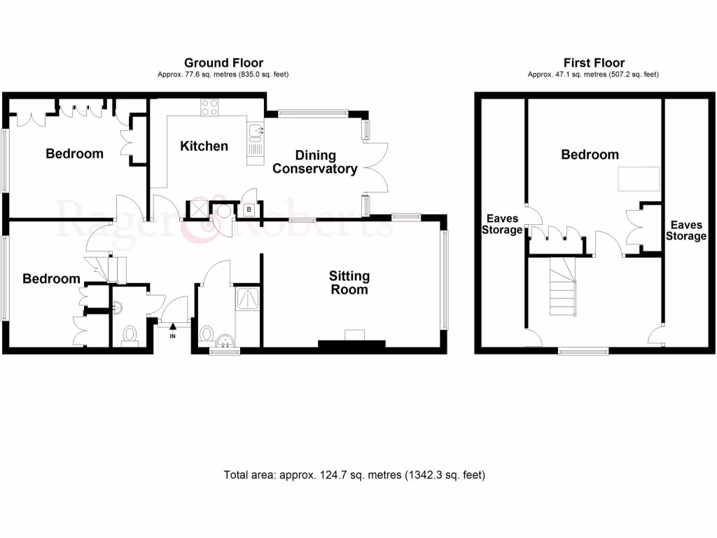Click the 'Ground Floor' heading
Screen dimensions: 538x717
(x=223, y=63)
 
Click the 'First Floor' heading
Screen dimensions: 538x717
(x=595, y=63)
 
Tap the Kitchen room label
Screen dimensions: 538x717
(x=204, y=146)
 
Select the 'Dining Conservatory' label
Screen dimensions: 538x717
(x=314, y=162)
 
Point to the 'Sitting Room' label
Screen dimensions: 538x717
(x=349, y=282)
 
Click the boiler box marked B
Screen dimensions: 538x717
(x=250, y=209)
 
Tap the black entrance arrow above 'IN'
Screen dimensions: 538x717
(x=173, y=326)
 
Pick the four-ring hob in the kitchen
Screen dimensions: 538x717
(x=209, y=107)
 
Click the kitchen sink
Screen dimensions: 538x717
(x=255, y=130)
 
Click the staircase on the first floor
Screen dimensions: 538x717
(x=562, y=286)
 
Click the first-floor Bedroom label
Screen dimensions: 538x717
(x=590, y=155)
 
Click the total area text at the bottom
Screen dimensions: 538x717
(x=354, y=475)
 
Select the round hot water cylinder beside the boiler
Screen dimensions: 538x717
(x=224, y=211)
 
